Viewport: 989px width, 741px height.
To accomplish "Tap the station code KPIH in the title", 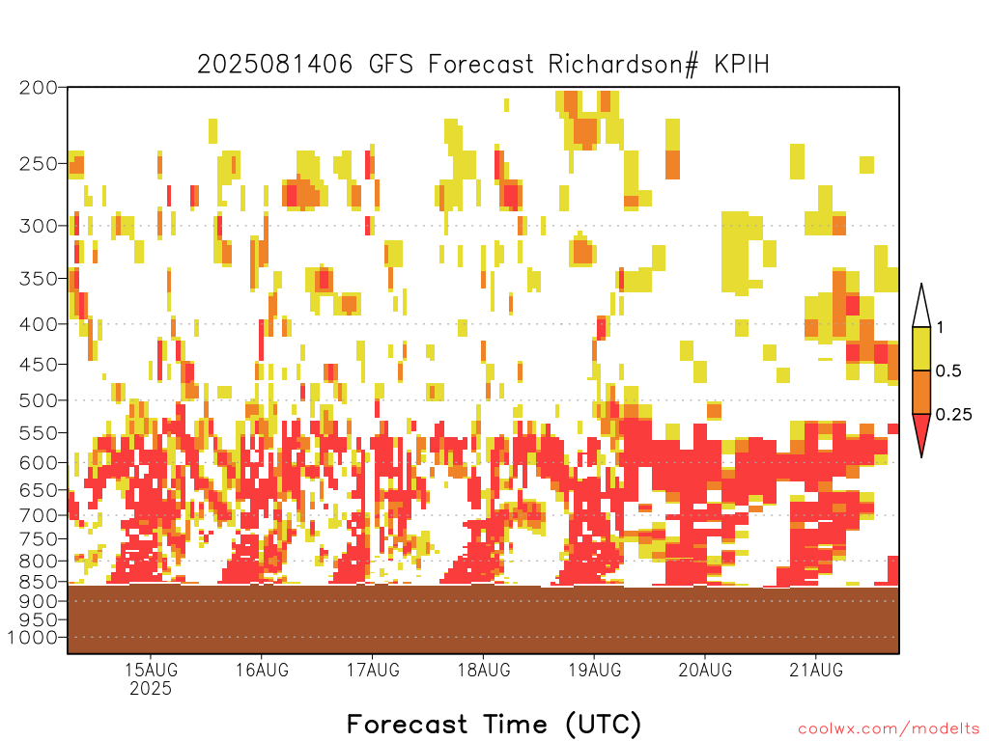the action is point(742,65).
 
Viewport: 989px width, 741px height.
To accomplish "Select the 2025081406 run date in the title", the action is point(275,65).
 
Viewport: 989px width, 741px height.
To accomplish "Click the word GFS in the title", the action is point(391,65).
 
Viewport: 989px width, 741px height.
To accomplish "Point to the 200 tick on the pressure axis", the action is point(38,88).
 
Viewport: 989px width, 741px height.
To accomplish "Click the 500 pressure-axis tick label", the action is point(38,400).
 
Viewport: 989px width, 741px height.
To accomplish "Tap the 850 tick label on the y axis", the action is point(38,581).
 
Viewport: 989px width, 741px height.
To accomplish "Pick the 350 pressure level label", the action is point(38,279).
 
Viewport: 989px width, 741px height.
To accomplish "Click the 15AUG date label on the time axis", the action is point(151,670).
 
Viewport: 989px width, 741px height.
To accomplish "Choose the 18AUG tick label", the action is point(484,670).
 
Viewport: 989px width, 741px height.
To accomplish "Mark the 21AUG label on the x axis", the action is point(816,670).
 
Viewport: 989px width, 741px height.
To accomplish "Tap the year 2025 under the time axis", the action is point(151,689).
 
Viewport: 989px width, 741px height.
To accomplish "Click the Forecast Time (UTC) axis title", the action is point(494,725).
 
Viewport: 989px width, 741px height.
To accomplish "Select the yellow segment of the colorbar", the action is point(921,348).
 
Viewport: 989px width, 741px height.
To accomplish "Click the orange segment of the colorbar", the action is point(921,392).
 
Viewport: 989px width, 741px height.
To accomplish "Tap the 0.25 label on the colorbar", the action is point(953,415).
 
